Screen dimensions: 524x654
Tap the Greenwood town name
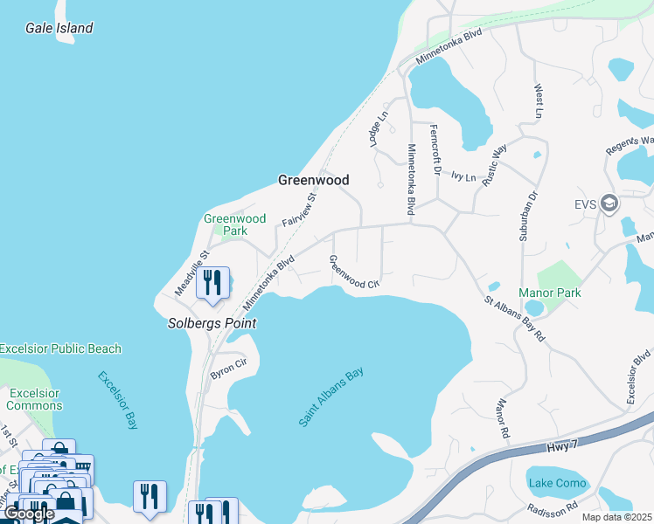tap(313, 180)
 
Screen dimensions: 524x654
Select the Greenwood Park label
tap(234, 224)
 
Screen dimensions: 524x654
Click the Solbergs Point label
tap(212, 323)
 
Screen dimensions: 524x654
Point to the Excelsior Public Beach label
tap(60, 348)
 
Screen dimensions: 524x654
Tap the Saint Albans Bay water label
tap(330, 397)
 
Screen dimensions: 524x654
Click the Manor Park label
tap(549, 293)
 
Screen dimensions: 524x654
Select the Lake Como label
tap(557, 483)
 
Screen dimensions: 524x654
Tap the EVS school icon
tap(609, 203)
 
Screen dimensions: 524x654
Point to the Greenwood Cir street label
tap(354, 272)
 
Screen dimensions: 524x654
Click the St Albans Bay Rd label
tap(515, 319)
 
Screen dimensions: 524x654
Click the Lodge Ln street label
tap(377, 128)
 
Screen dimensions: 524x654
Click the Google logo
tap(28, 514)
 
